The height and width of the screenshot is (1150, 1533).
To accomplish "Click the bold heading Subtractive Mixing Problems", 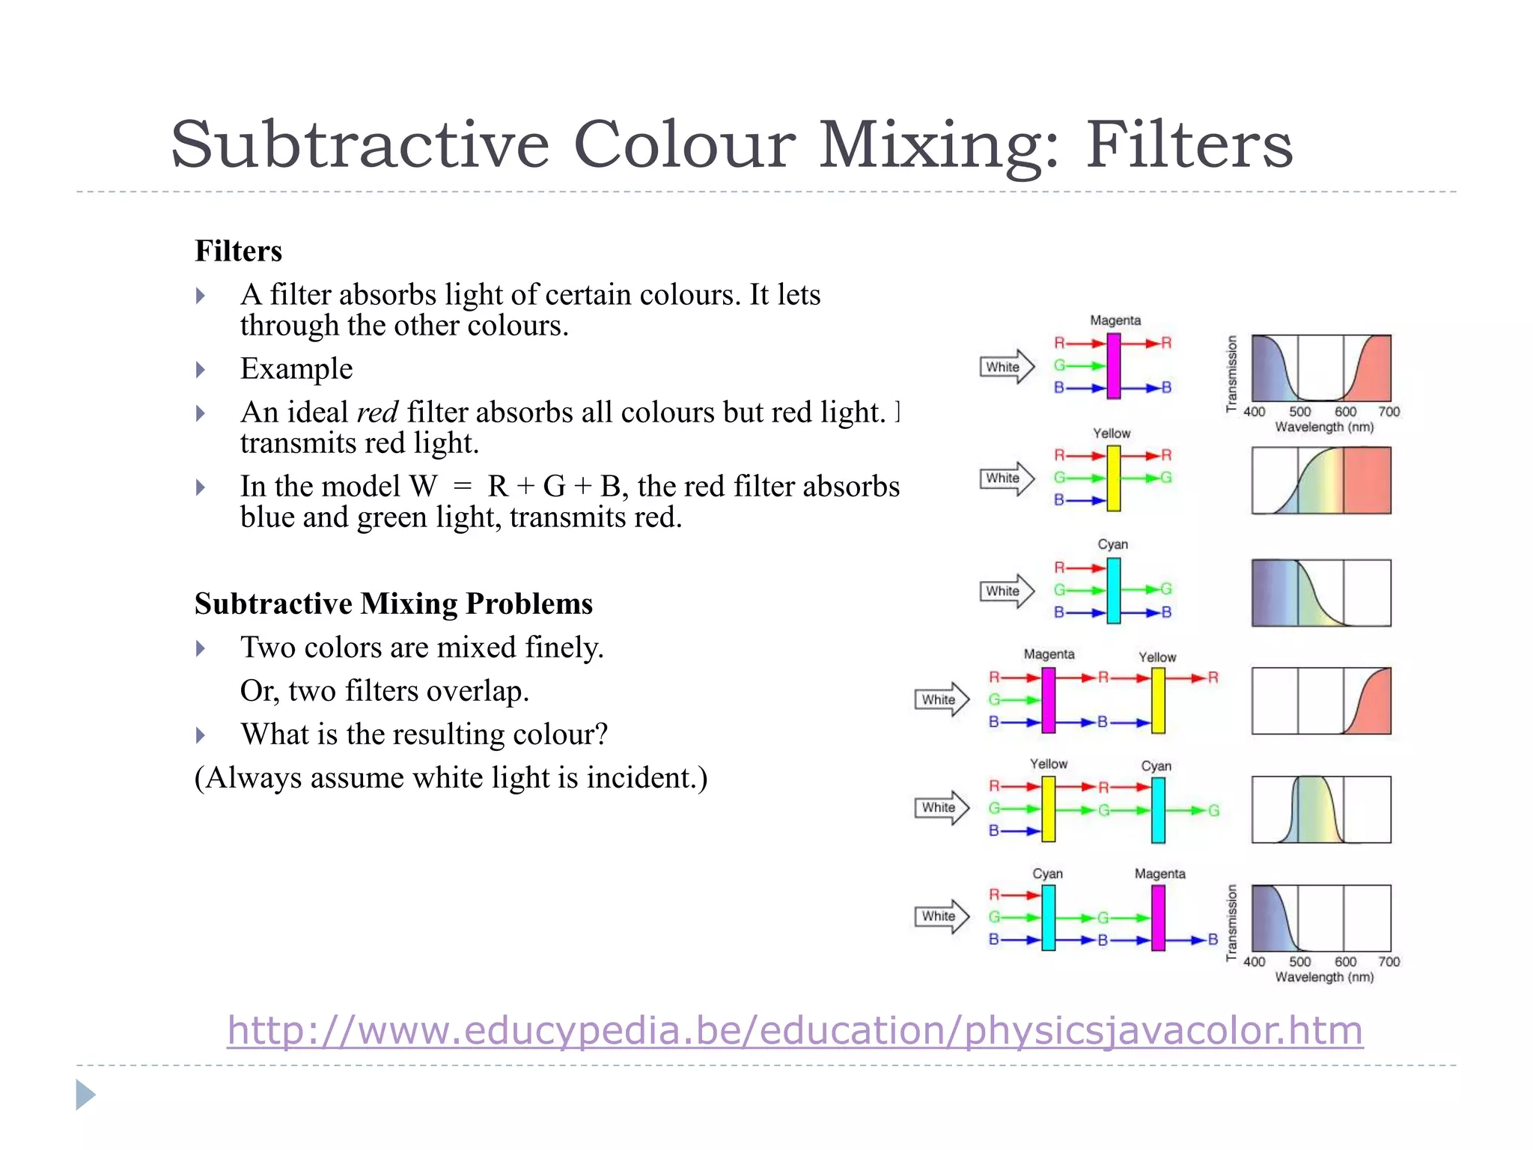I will pos(394,603).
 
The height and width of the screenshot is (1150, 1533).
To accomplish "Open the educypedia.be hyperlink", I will pos(794,1030).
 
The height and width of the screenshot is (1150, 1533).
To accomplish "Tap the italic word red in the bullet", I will pos(377,413).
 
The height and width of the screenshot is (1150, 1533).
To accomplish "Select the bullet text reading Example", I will pos(296,369).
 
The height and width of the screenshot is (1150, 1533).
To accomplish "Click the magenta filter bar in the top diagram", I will pos(1114,365).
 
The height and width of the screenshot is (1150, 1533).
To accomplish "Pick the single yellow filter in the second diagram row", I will pos(1114,478).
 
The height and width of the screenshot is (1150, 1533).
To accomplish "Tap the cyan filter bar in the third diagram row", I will pos(1114,591).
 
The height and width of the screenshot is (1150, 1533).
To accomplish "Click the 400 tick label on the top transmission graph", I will pos(1255,412).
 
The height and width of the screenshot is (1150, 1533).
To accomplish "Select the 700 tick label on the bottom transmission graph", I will pos(1389,962).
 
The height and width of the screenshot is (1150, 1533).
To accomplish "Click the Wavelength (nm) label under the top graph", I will pos(1324,428).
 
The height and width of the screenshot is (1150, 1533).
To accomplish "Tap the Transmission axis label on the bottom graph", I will pos(1231,922).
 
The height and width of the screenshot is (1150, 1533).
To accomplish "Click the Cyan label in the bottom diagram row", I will pos(1047,874).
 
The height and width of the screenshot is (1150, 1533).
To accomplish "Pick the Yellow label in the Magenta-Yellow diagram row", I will pos(1157,657).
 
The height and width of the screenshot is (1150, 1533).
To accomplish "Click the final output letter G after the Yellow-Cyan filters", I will pos(1213,810).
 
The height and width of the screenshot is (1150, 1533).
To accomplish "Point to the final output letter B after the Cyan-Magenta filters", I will pos(1213,940).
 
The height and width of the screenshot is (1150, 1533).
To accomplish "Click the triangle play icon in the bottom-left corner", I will pos(85,1095).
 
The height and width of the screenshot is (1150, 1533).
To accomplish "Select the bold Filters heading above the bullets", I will pos(239,252).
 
